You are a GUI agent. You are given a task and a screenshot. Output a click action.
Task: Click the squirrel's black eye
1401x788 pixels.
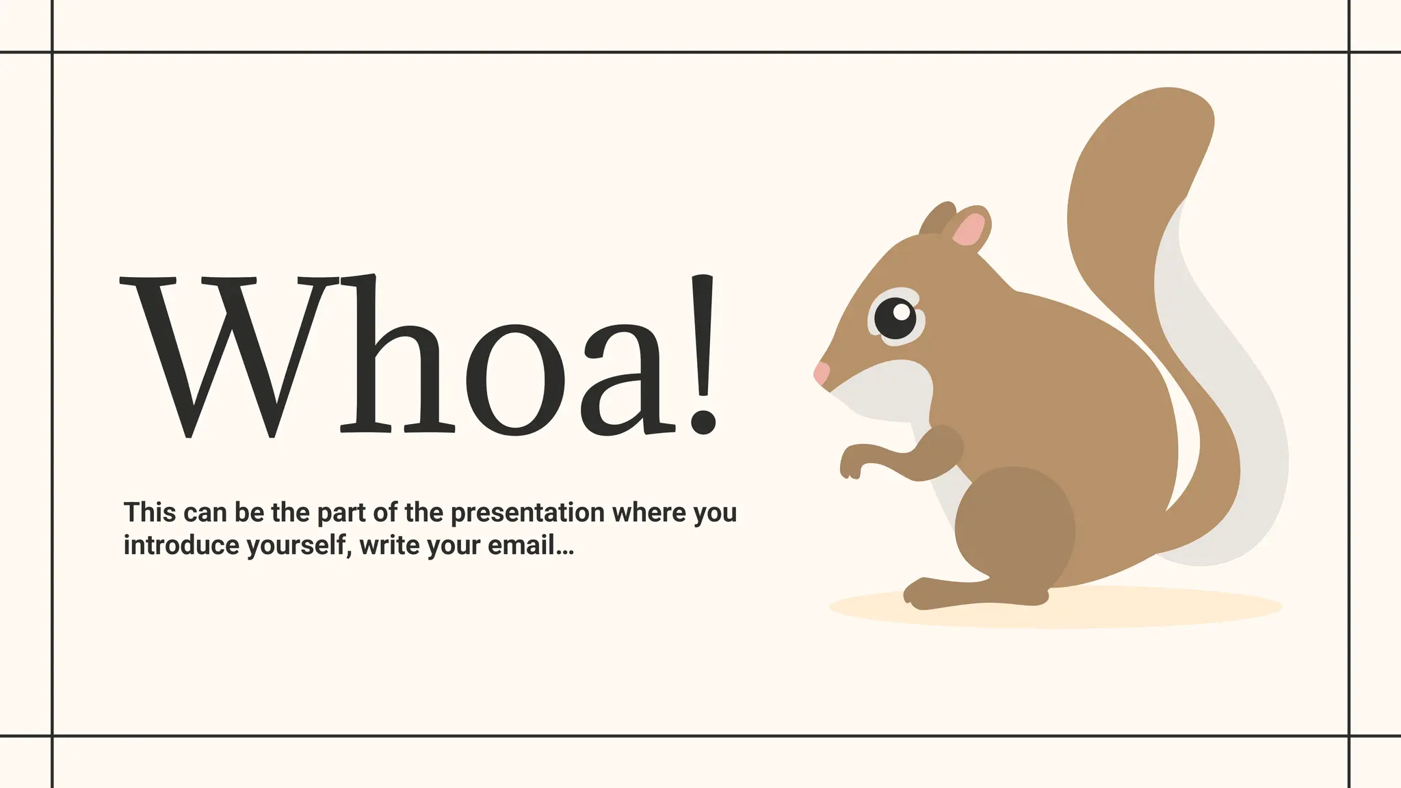click(x=895, y=319)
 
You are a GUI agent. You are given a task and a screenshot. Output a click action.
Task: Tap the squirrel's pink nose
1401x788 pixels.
click(x=821, y=373)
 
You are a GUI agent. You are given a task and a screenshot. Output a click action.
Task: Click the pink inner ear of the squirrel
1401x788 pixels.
click(x=969, y=230)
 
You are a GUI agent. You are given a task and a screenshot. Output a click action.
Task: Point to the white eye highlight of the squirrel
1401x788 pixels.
click(x=902, y=313)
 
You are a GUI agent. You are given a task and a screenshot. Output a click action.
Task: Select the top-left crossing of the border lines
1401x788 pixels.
click(x=52, y=52)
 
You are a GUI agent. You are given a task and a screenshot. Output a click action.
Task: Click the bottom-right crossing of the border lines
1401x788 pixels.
click(x=1348, y=736)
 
